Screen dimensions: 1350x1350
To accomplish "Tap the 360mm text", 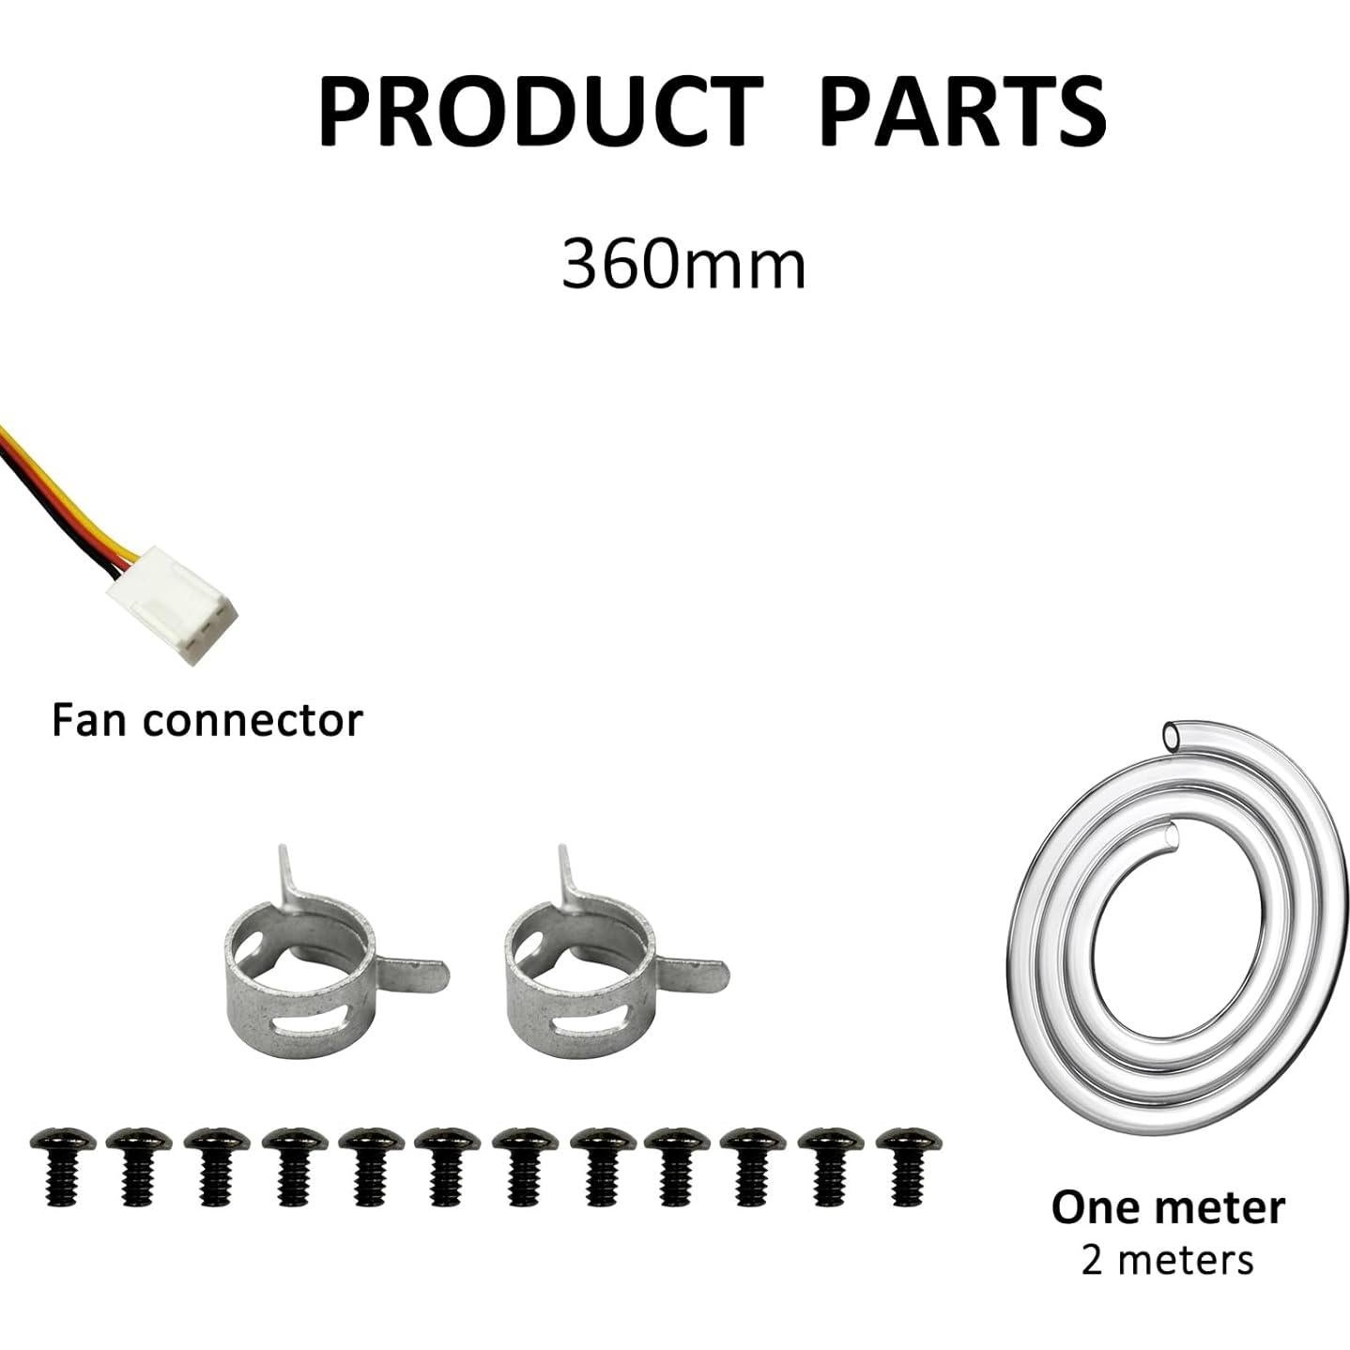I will pos(683,265).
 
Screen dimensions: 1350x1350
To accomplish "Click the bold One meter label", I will pos(1167,1207).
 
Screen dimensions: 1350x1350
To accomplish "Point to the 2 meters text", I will pos(1167,1259).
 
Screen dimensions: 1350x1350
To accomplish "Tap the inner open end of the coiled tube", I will pos(1168,834).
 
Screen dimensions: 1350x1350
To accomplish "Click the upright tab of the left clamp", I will pos(286,868).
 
